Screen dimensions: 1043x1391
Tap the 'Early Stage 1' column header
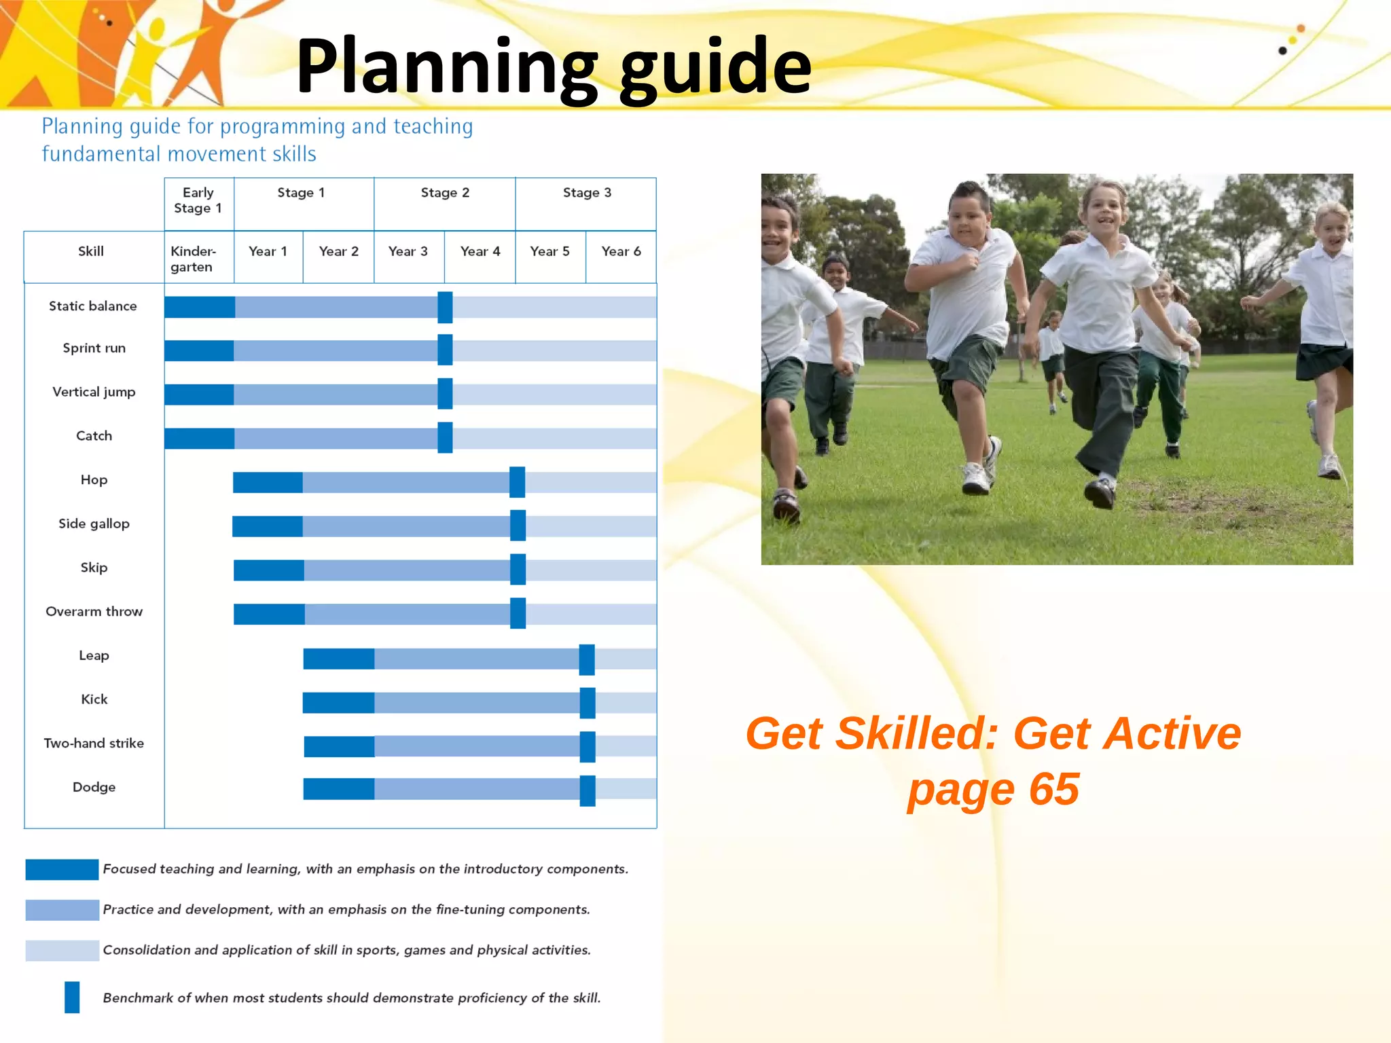pos(198,200)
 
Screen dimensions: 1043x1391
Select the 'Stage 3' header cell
pos(587,193)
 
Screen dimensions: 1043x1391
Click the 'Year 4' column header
pos(480,251)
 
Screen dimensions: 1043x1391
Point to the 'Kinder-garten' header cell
pos(193,259)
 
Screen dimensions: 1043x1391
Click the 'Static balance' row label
pos(93,306)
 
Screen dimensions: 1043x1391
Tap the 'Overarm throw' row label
pos(94,611)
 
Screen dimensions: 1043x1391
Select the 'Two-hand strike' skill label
pos(94,743)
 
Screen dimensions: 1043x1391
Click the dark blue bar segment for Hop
pos(268,482)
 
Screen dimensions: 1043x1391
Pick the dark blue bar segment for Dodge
pos(338,789)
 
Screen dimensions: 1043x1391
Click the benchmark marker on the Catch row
pos(445,437)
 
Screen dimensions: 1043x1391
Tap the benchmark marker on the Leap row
pos(587,659)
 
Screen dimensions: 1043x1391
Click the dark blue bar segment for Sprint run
pos(199,350)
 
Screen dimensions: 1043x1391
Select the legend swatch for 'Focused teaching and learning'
pos(62,869)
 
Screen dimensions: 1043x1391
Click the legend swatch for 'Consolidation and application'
pos(62,950)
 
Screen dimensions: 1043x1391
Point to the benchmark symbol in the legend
pos(72,997)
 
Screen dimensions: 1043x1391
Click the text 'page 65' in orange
pos(993,789)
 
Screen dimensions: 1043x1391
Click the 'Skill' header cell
pos(91,251)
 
